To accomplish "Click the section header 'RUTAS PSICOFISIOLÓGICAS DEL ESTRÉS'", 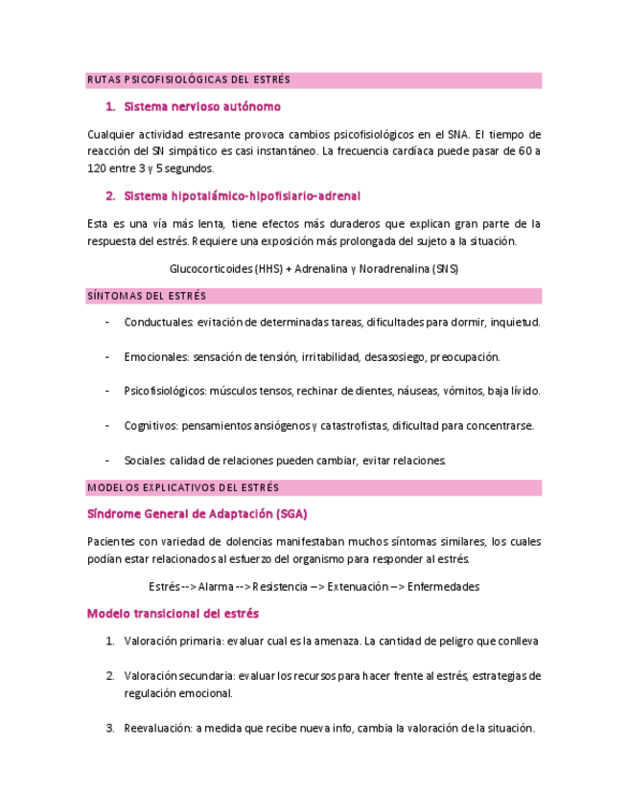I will pyautogui.click(x=188, y=79).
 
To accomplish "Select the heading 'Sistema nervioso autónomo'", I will pyautogui.click(x=202, y=106).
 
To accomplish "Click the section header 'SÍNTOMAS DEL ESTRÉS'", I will pyautogui.click(x=146, y=296).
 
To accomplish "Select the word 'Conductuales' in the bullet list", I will pyautogui.click(x=158, y=322).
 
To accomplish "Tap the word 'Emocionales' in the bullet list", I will pyautogui.click(x=156, y=356).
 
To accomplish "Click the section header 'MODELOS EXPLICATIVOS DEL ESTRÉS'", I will pyautogui.click(x=182, y=487).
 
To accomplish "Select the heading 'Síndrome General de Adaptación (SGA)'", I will pyautogui.click(x=197, y=514).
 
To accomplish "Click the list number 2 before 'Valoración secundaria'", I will pyautogui.click(x=109, y=675).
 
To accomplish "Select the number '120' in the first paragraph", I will pyautogui.click(x=97, y=169).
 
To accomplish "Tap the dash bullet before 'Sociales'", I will pyautogui.click(x=105, y=460).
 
